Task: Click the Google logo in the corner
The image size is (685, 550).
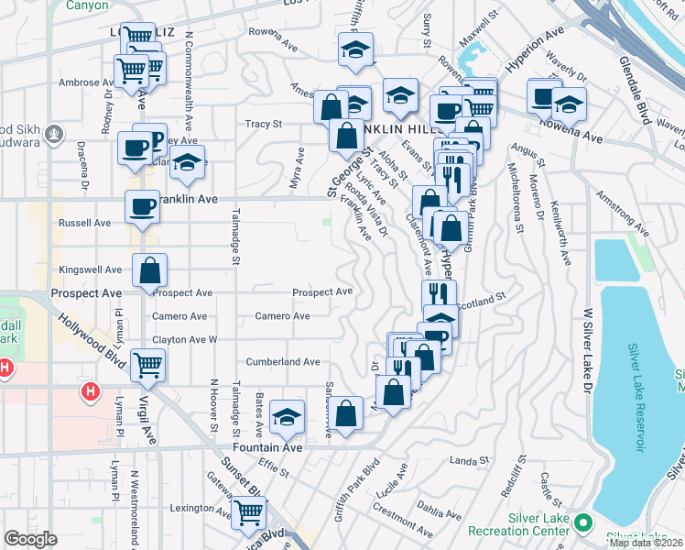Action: coord(30,539)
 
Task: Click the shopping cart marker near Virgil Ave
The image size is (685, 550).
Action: coord(147,365)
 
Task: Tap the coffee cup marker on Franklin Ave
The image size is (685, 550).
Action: coord(142,205)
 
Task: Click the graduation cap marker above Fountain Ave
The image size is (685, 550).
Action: coord(288,417)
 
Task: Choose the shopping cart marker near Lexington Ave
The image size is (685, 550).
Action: coord(248,513)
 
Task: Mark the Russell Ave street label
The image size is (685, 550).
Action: coord(84,223)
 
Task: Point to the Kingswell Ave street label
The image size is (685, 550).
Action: coord(90,270)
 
